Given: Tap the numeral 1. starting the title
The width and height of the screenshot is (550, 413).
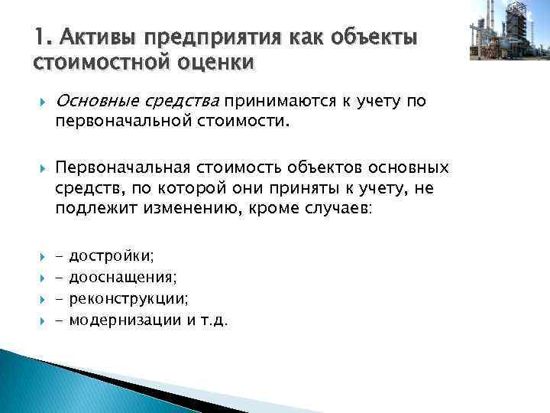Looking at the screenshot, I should coord(42,36).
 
